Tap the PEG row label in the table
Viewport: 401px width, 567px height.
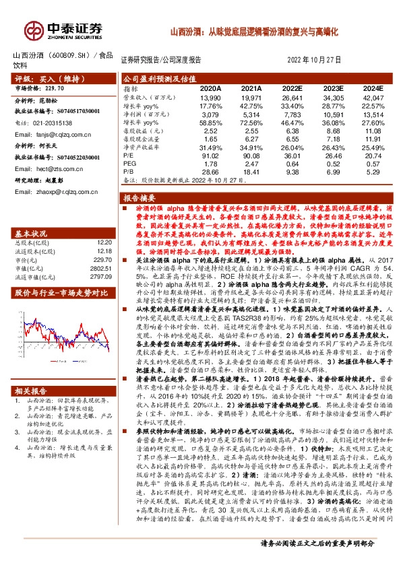pyautogui.click(x=130, y=162)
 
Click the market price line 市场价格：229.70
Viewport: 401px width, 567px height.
pyautogui.click(x=40, y=88)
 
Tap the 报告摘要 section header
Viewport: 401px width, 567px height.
pyautogui.click(x=140, y=199)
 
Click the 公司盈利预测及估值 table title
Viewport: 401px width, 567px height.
pyautogui.click(x=159, y=78)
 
